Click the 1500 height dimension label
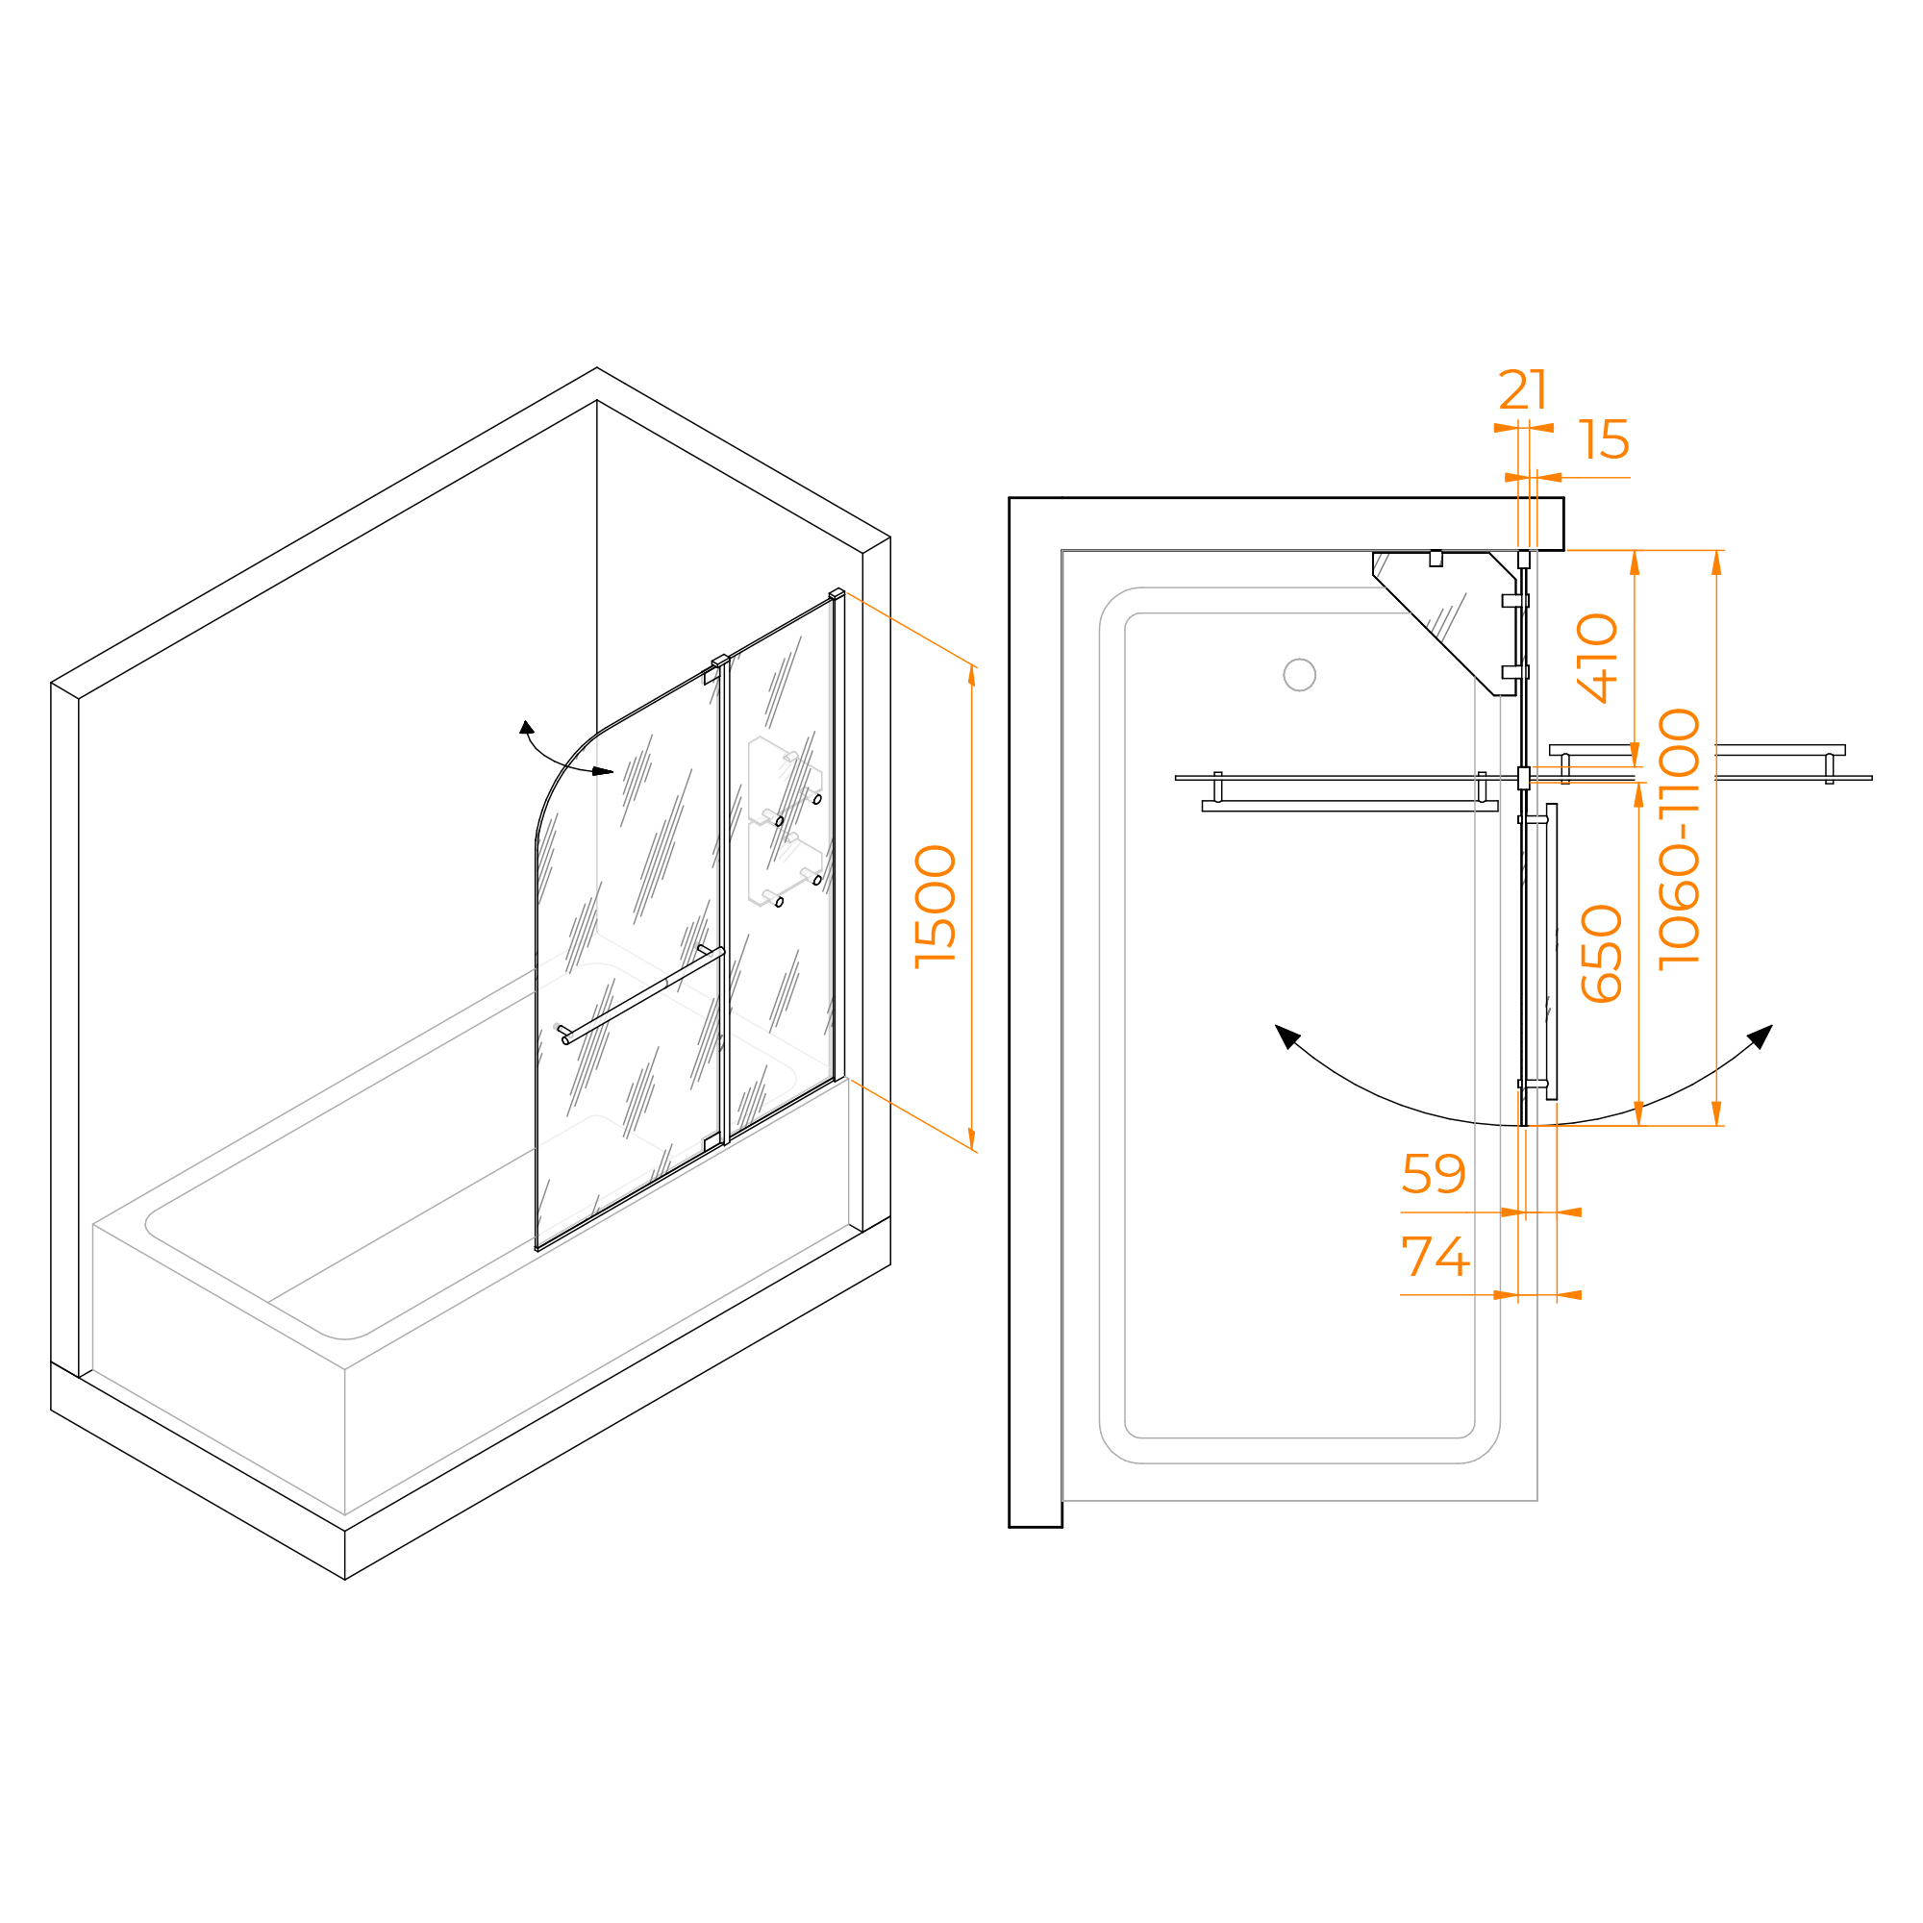pyautogui.click(x=937, y=906)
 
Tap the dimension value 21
pyautogui.click(x=1524, y=389)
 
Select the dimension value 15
pyautogui.click(x=1604, y=439)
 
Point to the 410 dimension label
pyautogui.click(x=1597, y=658)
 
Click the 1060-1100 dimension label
pyautogui.click(x=1679, y=838)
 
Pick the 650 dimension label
pyautogui.click(x=1602, y=954)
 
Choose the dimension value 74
pyautogui.click(x=1436, y=1256)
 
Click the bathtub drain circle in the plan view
pyautogui.click(x=1300, y=675)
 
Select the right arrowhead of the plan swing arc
pyautogui.click(x=1761, y=1036)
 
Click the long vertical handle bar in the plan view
pyautogui.click(x=1552, y=952)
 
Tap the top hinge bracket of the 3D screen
pyautogui.click(x=720, y=661)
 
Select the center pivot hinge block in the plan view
pyautogui.click(x=1523, y=777)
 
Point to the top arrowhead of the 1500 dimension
pyautogui.click(x=971, y=675)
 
